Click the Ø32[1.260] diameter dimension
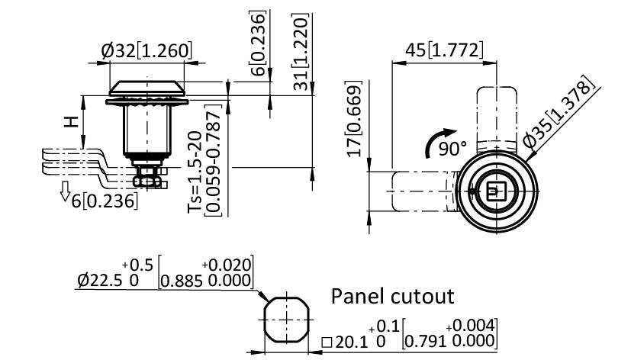(146, 52)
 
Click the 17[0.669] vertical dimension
(354, 126)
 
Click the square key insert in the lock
(494, 191)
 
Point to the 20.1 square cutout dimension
(348, 342)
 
